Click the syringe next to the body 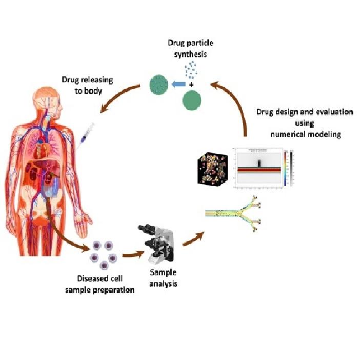(87, 134)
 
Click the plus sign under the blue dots (191, 83)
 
